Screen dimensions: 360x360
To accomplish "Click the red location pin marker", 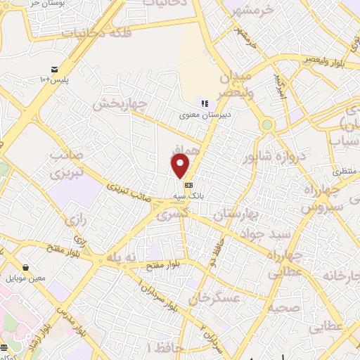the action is pos(181,166).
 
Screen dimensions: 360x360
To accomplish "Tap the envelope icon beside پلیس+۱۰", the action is pos(54,69).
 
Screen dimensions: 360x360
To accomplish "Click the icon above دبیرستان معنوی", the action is pos(204,103).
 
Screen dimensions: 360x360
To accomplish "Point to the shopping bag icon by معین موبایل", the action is pos(26,267).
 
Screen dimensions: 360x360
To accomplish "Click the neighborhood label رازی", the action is pos(75,220).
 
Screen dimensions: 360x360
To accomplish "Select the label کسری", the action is pos(169,214).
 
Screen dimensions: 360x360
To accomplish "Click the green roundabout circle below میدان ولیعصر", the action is pos(267,125).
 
